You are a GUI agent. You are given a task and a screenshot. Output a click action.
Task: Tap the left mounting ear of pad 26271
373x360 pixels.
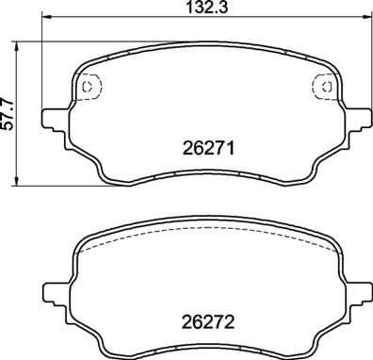click(55, 121)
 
